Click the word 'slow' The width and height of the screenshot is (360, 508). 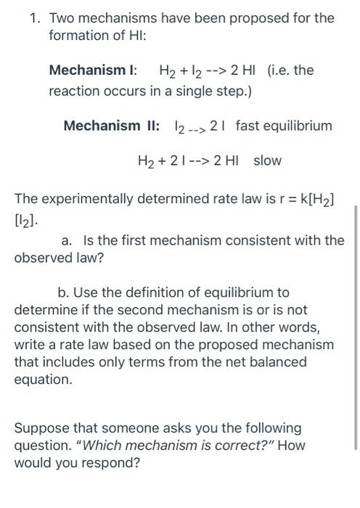click(267, 160)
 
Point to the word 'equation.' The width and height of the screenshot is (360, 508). click(43, 379)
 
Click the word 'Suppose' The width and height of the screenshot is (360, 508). click(40, 428)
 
